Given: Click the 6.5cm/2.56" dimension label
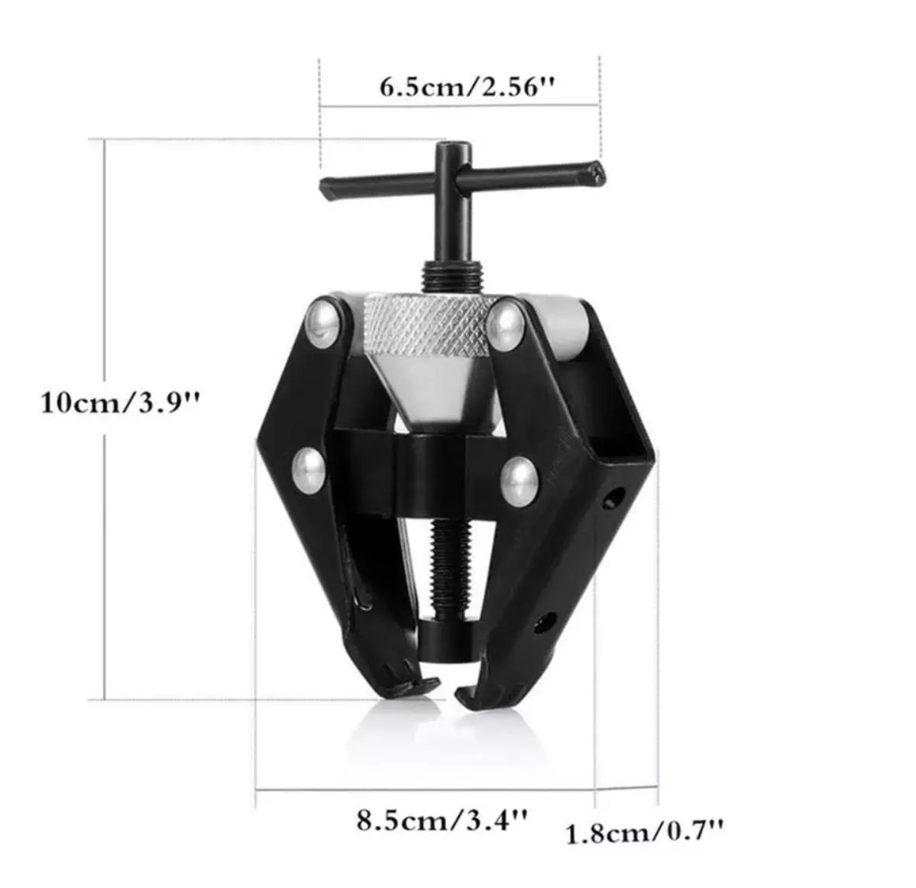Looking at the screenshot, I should [466, 86].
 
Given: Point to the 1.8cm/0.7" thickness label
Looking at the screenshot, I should [644, 831].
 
